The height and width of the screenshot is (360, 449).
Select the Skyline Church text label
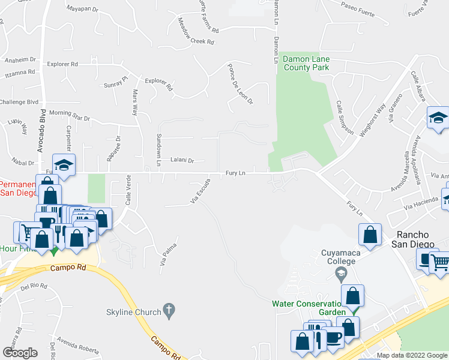pos(134,312)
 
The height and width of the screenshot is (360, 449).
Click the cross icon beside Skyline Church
pos(169,311)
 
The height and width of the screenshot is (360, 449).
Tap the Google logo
pos(20,353)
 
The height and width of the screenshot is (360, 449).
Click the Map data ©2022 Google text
pos(412,355)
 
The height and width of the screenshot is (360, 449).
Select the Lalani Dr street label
pos(182,161)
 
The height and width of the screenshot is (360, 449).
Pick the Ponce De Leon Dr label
pos(240,84)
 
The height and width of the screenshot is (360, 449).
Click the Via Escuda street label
pos(200,191)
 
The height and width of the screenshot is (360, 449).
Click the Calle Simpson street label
pos(344,117)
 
